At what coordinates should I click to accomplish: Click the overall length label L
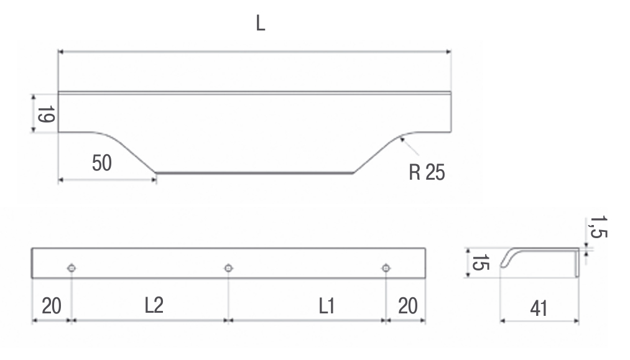261,23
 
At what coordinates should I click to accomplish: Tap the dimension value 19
46,114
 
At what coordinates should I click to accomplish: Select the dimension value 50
101,163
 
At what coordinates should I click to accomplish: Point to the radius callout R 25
427,172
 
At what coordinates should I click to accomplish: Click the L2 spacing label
154,305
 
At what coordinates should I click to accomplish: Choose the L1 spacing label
327,306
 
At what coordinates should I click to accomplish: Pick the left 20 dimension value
52,306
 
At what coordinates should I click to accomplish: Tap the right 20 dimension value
408,306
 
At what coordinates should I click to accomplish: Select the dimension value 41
539,308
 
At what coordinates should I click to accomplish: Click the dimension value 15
481,263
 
